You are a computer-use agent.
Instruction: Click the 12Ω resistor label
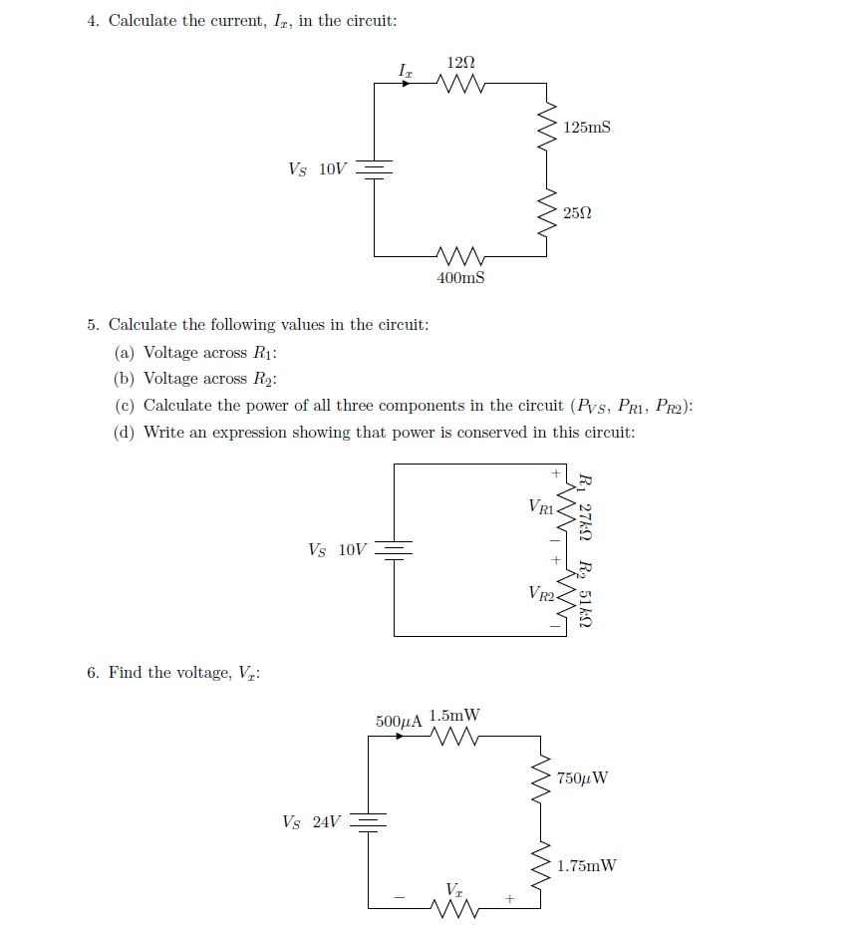(461, 62)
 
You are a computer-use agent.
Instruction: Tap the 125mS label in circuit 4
(586, 128)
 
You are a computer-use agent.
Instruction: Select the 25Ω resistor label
(576, 213)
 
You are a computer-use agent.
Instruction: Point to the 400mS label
(460, 278)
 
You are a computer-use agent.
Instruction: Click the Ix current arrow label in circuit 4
(404, 70)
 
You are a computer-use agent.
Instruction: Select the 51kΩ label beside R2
(586, 608)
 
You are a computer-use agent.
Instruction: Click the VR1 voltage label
(541, 506)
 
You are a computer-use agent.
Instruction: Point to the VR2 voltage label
(541, 594)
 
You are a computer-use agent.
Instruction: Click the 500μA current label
(399, 720)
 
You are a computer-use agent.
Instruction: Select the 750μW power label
(583, 779)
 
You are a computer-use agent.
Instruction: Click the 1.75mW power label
(586, 865)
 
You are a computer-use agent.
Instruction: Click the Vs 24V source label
(311, 822)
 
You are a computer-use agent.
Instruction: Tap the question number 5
(92, 325)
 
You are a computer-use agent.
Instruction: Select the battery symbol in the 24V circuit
(369, 822)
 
